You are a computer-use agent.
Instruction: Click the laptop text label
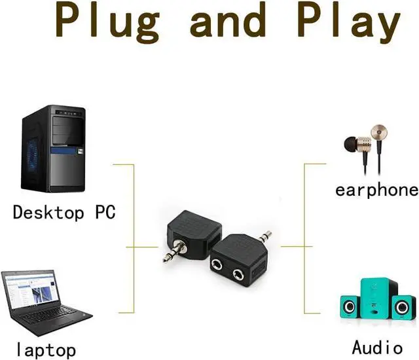46,349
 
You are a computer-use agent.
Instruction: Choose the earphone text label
376,190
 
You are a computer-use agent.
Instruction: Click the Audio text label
377,346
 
